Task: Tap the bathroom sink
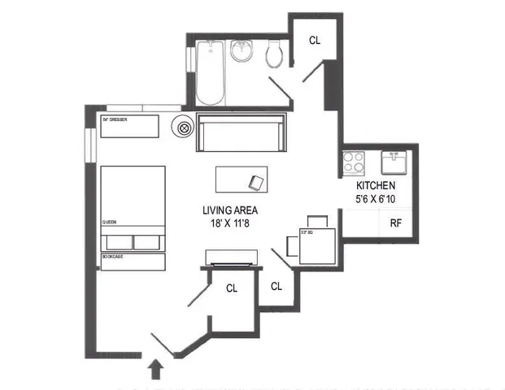[x=242, y=53]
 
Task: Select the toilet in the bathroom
[x=276, y=54]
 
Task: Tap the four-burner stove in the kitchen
[x=354, y=162]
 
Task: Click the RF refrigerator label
[x=396, y=223]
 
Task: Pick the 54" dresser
[x=130, y=127]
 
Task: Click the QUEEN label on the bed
[x=109, y=221]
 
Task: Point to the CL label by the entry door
[x=232, y=288]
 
